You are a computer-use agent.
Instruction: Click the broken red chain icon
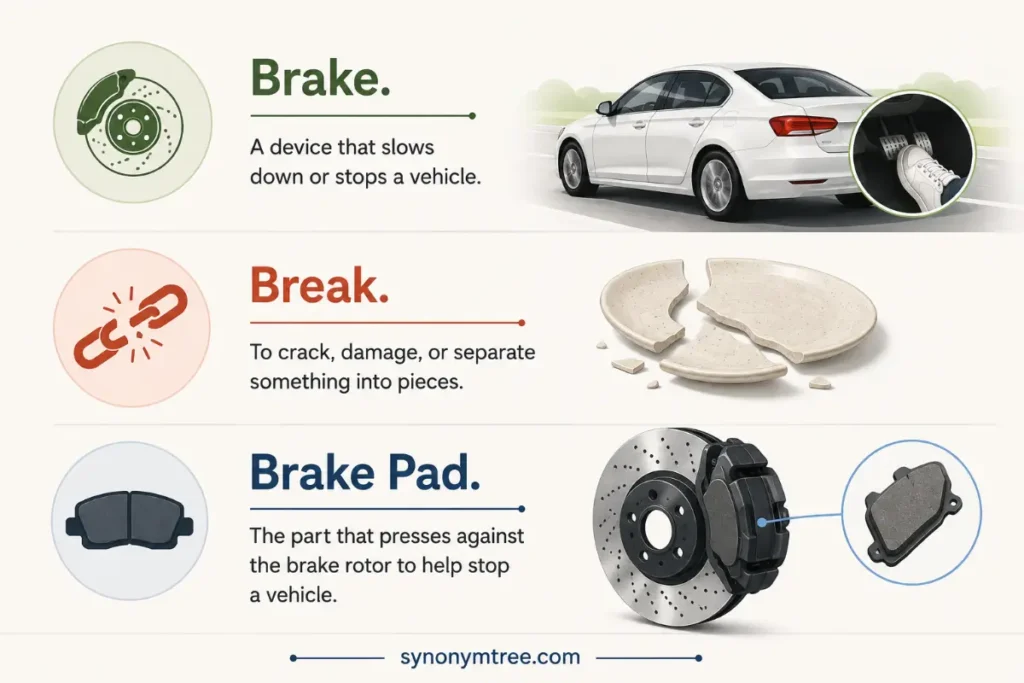[x=132, y=325]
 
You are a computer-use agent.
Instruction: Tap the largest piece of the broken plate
[x=783, y=307]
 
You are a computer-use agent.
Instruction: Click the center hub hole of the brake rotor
[x=660, y=528]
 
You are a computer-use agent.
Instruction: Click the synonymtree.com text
[x=490, y=657]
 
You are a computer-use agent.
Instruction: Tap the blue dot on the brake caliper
[x=761, y=522]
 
